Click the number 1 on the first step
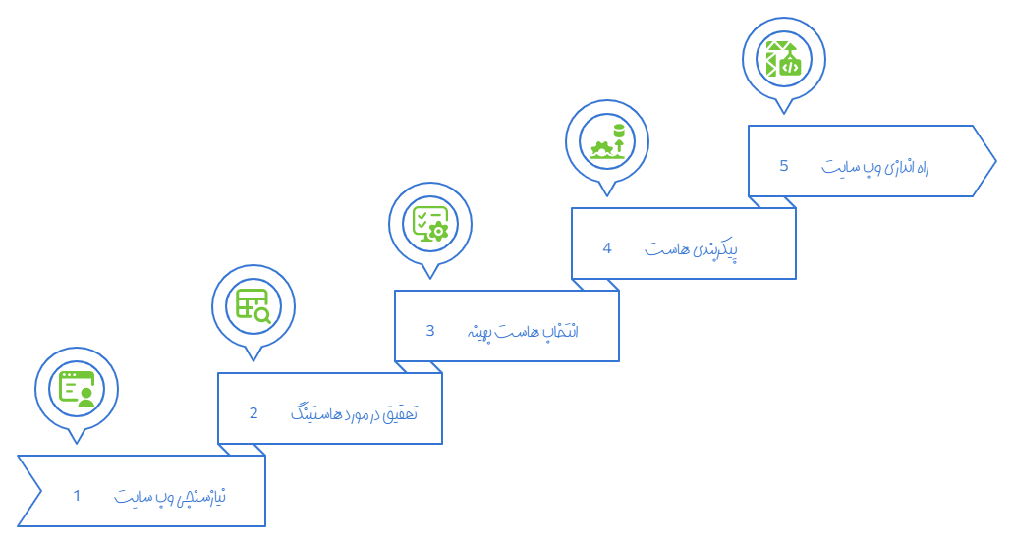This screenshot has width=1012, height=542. [x=77, y=495]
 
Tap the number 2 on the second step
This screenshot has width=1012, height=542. [x=253, y=412]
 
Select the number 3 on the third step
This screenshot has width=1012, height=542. [x=430, y=330]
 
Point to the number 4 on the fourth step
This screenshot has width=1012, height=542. [x=607, y=247]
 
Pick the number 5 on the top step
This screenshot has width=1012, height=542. [x=784, y=165]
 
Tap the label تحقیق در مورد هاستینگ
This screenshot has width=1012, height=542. [x=355, y=412]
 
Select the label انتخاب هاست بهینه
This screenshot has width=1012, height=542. [x=522, y=331]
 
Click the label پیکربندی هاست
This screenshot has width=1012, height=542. [x=692, y=248]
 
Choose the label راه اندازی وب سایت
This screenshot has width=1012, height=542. [x=875, y=166]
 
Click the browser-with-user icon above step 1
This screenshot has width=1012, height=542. [x=77, y=388]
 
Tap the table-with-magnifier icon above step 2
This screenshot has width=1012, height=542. [x=253, y=305]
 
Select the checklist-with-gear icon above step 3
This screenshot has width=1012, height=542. [x=430, y=223]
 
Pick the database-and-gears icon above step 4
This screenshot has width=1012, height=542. [x=607, y=140]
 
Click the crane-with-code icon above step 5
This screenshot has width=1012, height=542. [x=784, y=58]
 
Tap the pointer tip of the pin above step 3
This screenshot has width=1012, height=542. [x=430, y=278]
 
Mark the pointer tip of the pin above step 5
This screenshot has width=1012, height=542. [x=784, y=113]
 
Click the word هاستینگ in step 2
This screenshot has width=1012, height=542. [x=316, y=412]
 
